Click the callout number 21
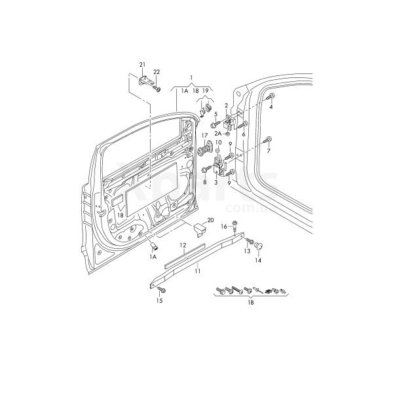click(142, 64)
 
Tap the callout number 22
click(157, 71)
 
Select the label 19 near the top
click(205, 91)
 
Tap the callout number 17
click(204, 136)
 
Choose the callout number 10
click(218, 143)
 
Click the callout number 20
click(211, 220)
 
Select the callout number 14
click(257, 260)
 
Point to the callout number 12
click(184, 246)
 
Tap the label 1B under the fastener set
click(251, 303)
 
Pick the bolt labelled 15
click(162, 289)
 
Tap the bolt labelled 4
click(270, 96)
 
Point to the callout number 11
click(196, 269)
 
